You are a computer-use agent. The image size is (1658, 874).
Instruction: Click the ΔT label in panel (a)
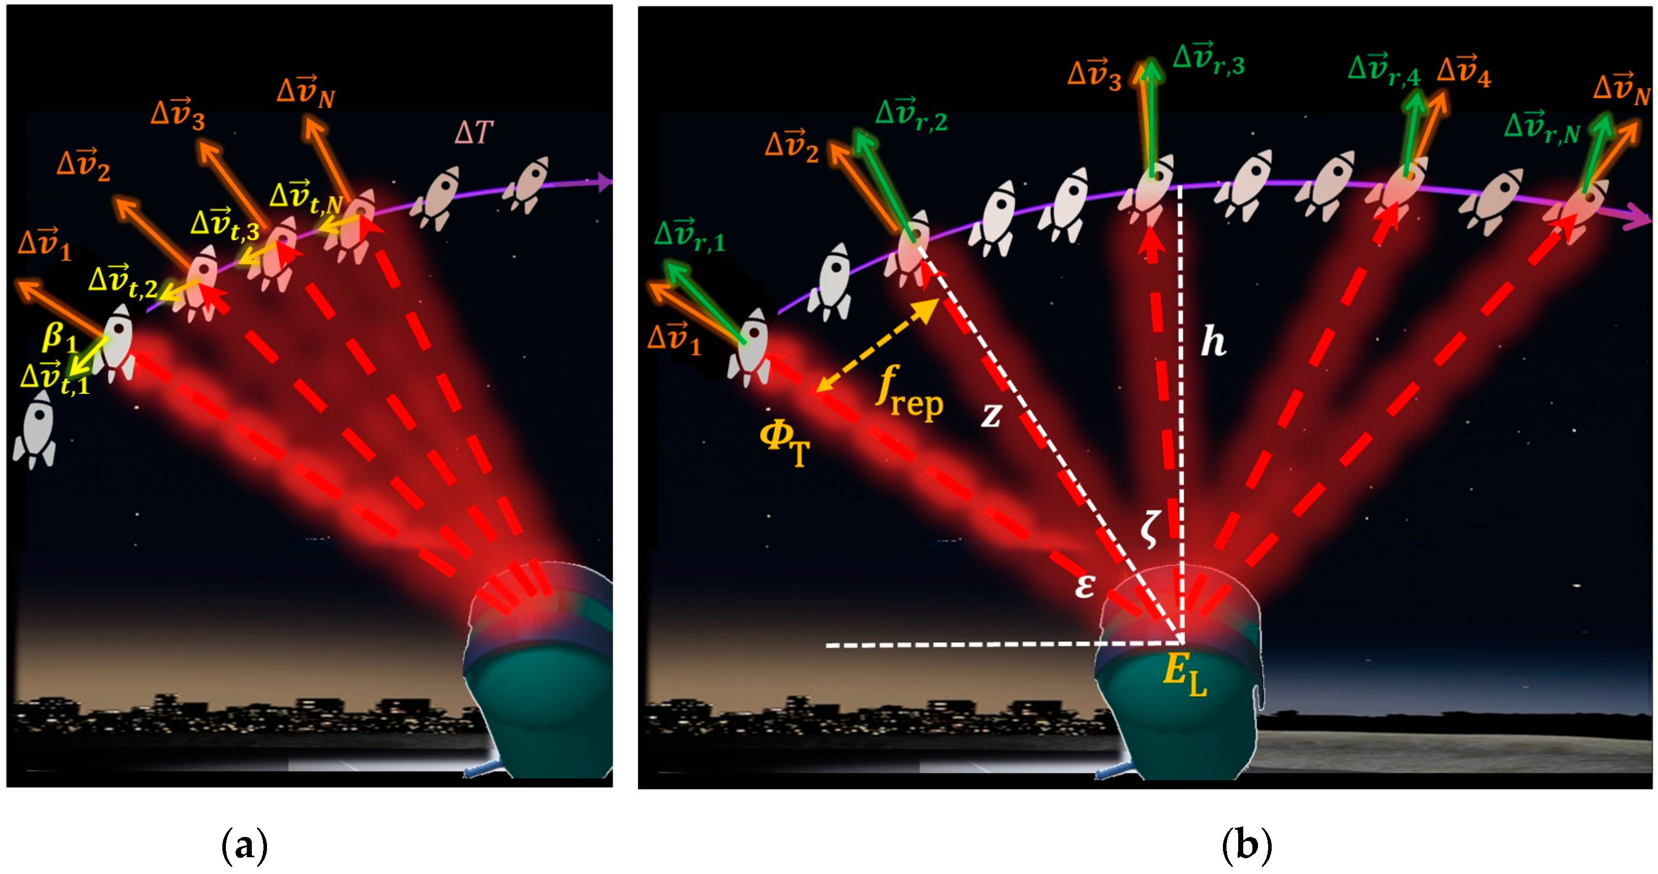coord(473,132)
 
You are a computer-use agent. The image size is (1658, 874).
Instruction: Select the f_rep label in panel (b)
coord(909,393)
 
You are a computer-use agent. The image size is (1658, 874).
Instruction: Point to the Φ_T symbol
coord(784,445)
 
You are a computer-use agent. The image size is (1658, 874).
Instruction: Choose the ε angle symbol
coord(1084,586)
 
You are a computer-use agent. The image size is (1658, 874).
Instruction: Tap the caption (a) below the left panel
coord(244,845)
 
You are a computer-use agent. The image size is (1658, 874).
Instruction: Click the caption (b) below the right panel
coord(1246,845)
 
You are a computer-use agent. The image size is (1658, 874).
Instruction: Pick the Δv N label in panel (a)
coord(306,93)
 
